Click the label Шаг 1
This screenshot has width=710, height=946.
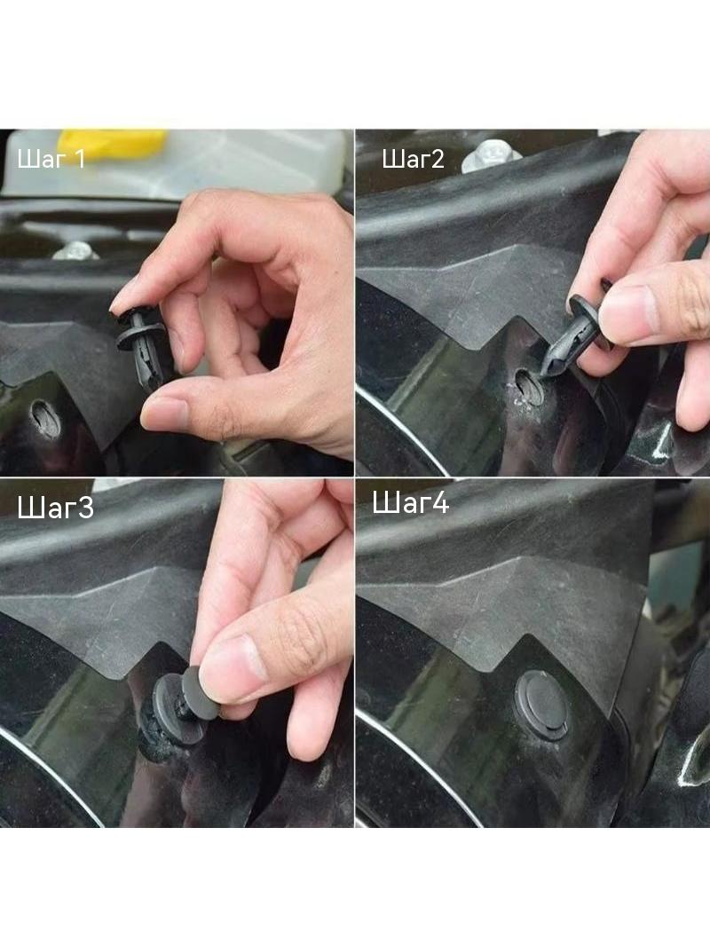[51, 159]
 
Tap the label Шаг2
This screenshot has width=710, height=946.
[414, 159]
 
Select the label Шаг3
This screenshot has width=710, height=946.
[56, 508]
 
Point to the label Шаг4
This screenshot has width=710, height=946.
[410, 502]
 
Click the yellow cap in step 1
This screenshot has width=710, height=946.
[112, 142]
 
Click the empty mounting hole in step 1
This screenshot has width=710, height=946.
[46, 418]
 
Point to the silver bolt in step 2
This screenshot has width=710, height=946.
[491, 155]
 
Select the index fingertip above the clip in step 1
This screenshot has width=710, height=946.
[125, 299]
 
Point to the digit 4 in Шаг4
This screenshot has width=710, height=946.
[440, 503]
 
